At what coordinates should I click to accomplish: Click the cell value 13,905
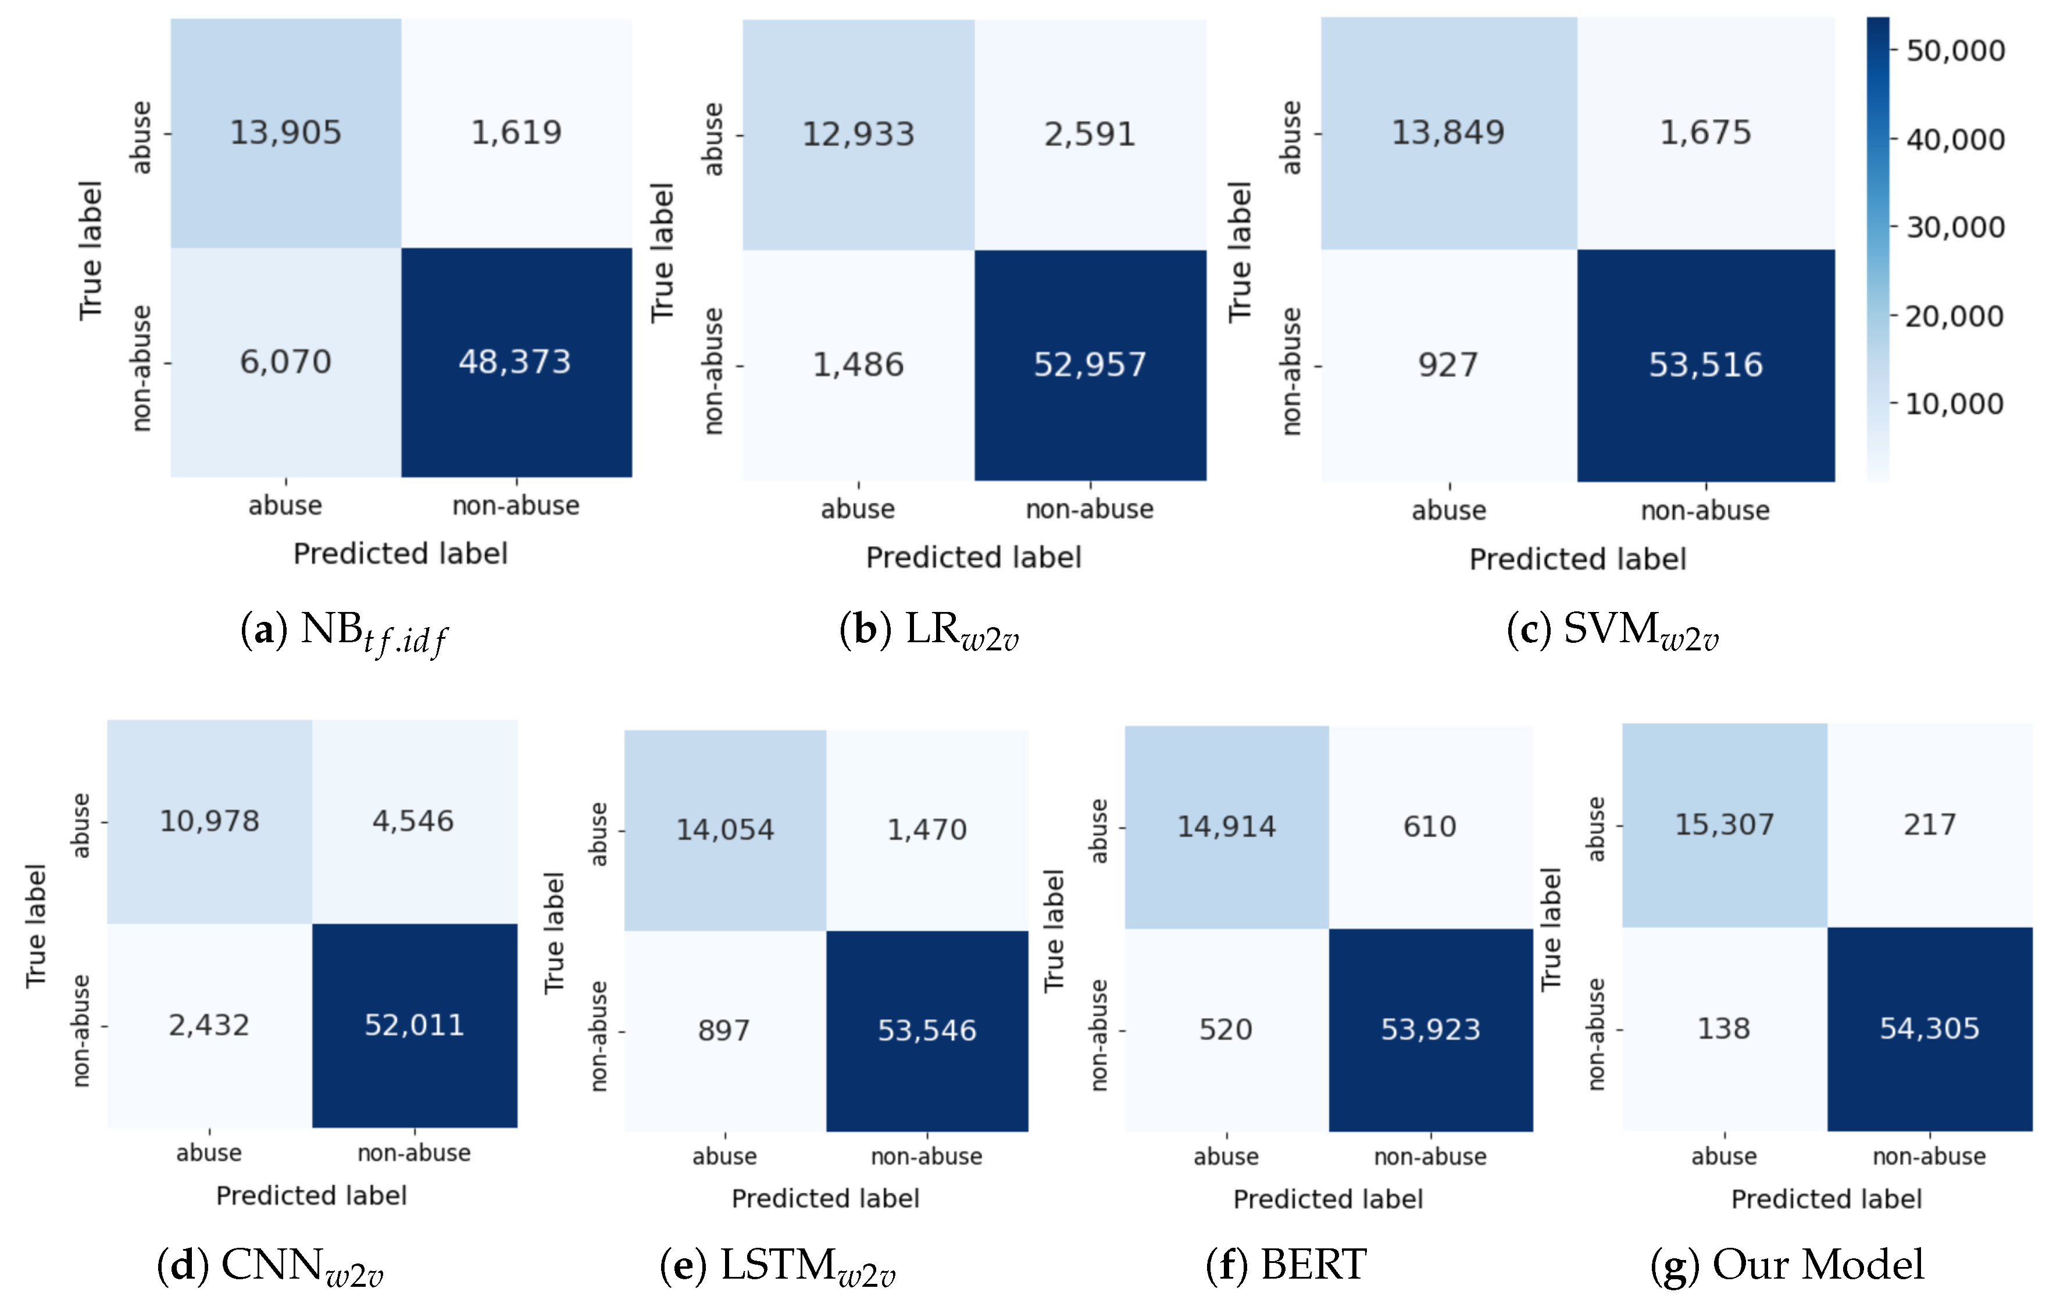(x=285, y=132)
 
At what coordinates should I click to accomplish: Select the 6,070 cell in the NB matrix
(x=285, y=362)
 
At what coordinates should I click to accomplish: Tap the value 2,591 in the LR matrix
(x=1090, y=134)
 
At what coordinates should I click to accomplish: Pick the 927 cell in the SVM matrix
(x=1448, y=365)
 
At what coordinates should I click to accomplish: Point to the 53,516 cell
(x=1705, y=365)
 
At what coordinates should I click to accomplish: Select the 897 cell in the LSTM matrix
(x=724, y=1030)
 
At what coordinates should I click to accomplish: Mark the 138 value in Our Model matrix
(x=1724, y=1028)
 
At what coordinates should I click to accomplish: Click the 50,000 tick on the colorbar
(x=1955, y=51)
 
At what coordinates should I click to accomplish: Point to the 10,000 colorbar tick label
(x=1955, y=404)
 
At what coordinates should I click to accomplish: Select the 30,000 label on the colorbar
(x=1955, y=227)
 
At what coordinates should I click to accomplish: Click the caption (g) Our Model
(x=1787, y=1265)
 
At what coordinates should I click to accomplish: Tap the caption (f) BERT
(x=1286, y=1265)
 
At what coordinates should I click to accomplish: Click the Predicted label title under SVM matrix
(x=1577, y=560)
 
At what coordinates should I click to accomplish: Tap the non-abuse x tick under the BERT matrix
(x=1430, y=1156)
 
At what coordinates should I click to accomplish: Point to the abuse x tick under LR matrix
(x=858, y=509)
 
